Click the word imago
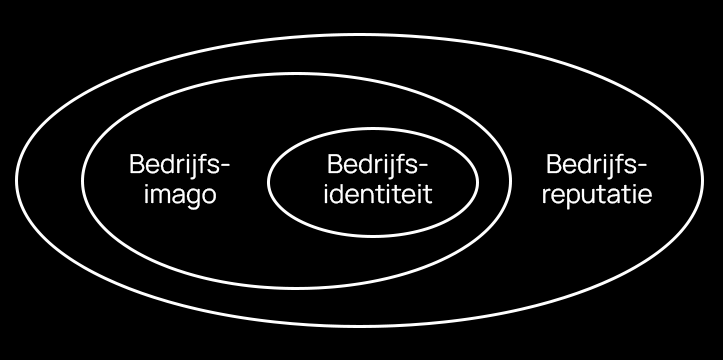coord(180,194)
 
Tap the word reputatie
coord(597,194)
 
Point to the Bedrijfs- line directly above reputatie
coord(597,164)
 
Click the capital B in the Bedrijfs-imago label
coord(136,164)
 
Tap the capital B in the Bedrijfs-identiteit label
coord(335,164)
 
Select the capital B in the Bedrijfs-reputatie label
coord(553,164)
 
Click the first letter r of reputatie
coord(546,195)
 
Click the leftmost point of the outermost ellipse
coord(16,179)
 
